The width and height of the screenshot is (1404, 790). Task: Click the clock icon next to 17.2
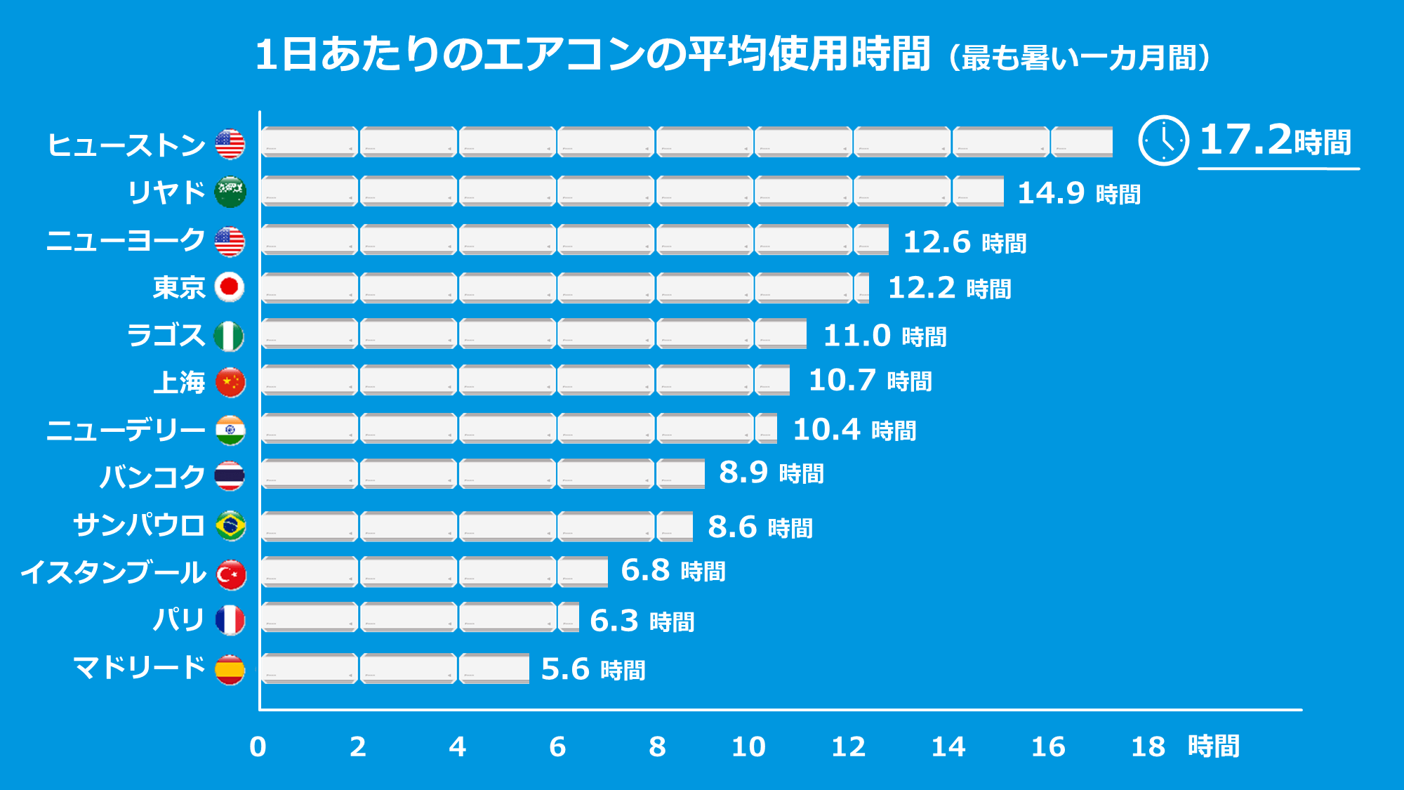[1163, 140]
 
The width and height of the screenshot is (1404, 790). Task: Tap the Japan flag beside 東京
[230, 287]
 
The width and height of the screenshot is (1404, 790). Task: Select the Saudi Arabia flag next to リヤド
[230, 192]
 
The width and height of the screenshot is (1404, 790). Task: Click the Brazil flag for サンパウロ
[230, 526]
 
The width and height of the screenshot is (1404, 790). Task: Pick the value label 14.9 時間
[1078, 193]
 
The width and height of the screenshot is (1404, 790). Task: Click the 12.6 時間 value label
[964, 242]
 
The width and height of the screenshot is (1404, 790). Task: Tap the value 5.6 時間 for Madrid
[592, 669]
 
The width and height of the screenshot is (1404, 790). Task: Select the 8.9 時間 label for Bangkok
[771, 473]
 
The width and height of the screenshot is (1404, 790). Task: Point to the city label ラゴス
[166, 335]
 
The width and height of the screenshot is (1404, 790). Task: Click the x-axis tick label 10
[748, 746]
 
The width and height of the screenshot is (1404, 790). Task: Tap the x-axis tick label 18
[1148, 746]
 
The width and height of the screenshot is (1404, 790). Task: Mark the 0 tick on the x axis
[258, 746]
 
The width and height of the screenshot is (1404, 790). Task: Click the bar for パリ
[420, 617]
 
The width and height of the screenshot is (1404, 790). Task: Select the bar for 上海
[525, 380]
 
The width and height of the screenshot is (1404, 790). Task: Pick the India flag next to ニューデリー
[230, 430]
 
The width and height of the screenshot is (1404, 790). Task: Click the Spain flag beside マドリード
[230, 669]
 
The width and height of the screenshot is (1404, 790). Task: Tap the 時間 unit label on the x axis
[1213, 746]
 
